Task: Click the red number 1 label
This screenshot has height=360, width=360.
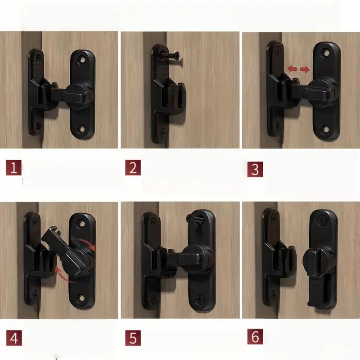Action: tap(13, 168)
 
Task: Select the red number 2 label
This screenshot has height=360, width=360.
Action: tap(133, 168)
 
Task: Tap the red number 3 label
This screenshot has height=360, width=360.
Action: tap(255, 169)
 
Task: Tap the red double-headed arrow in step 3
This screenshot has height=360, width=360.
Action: tap(299, 69)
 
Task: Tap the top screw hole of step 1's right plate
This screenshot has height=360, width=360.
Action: tap(82, 58)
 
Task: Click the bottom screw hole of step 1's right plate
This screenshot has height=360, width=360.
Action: tap(81, 130)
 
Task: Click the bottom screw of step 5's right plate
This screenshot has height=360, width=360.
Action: tap(199, 297)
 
